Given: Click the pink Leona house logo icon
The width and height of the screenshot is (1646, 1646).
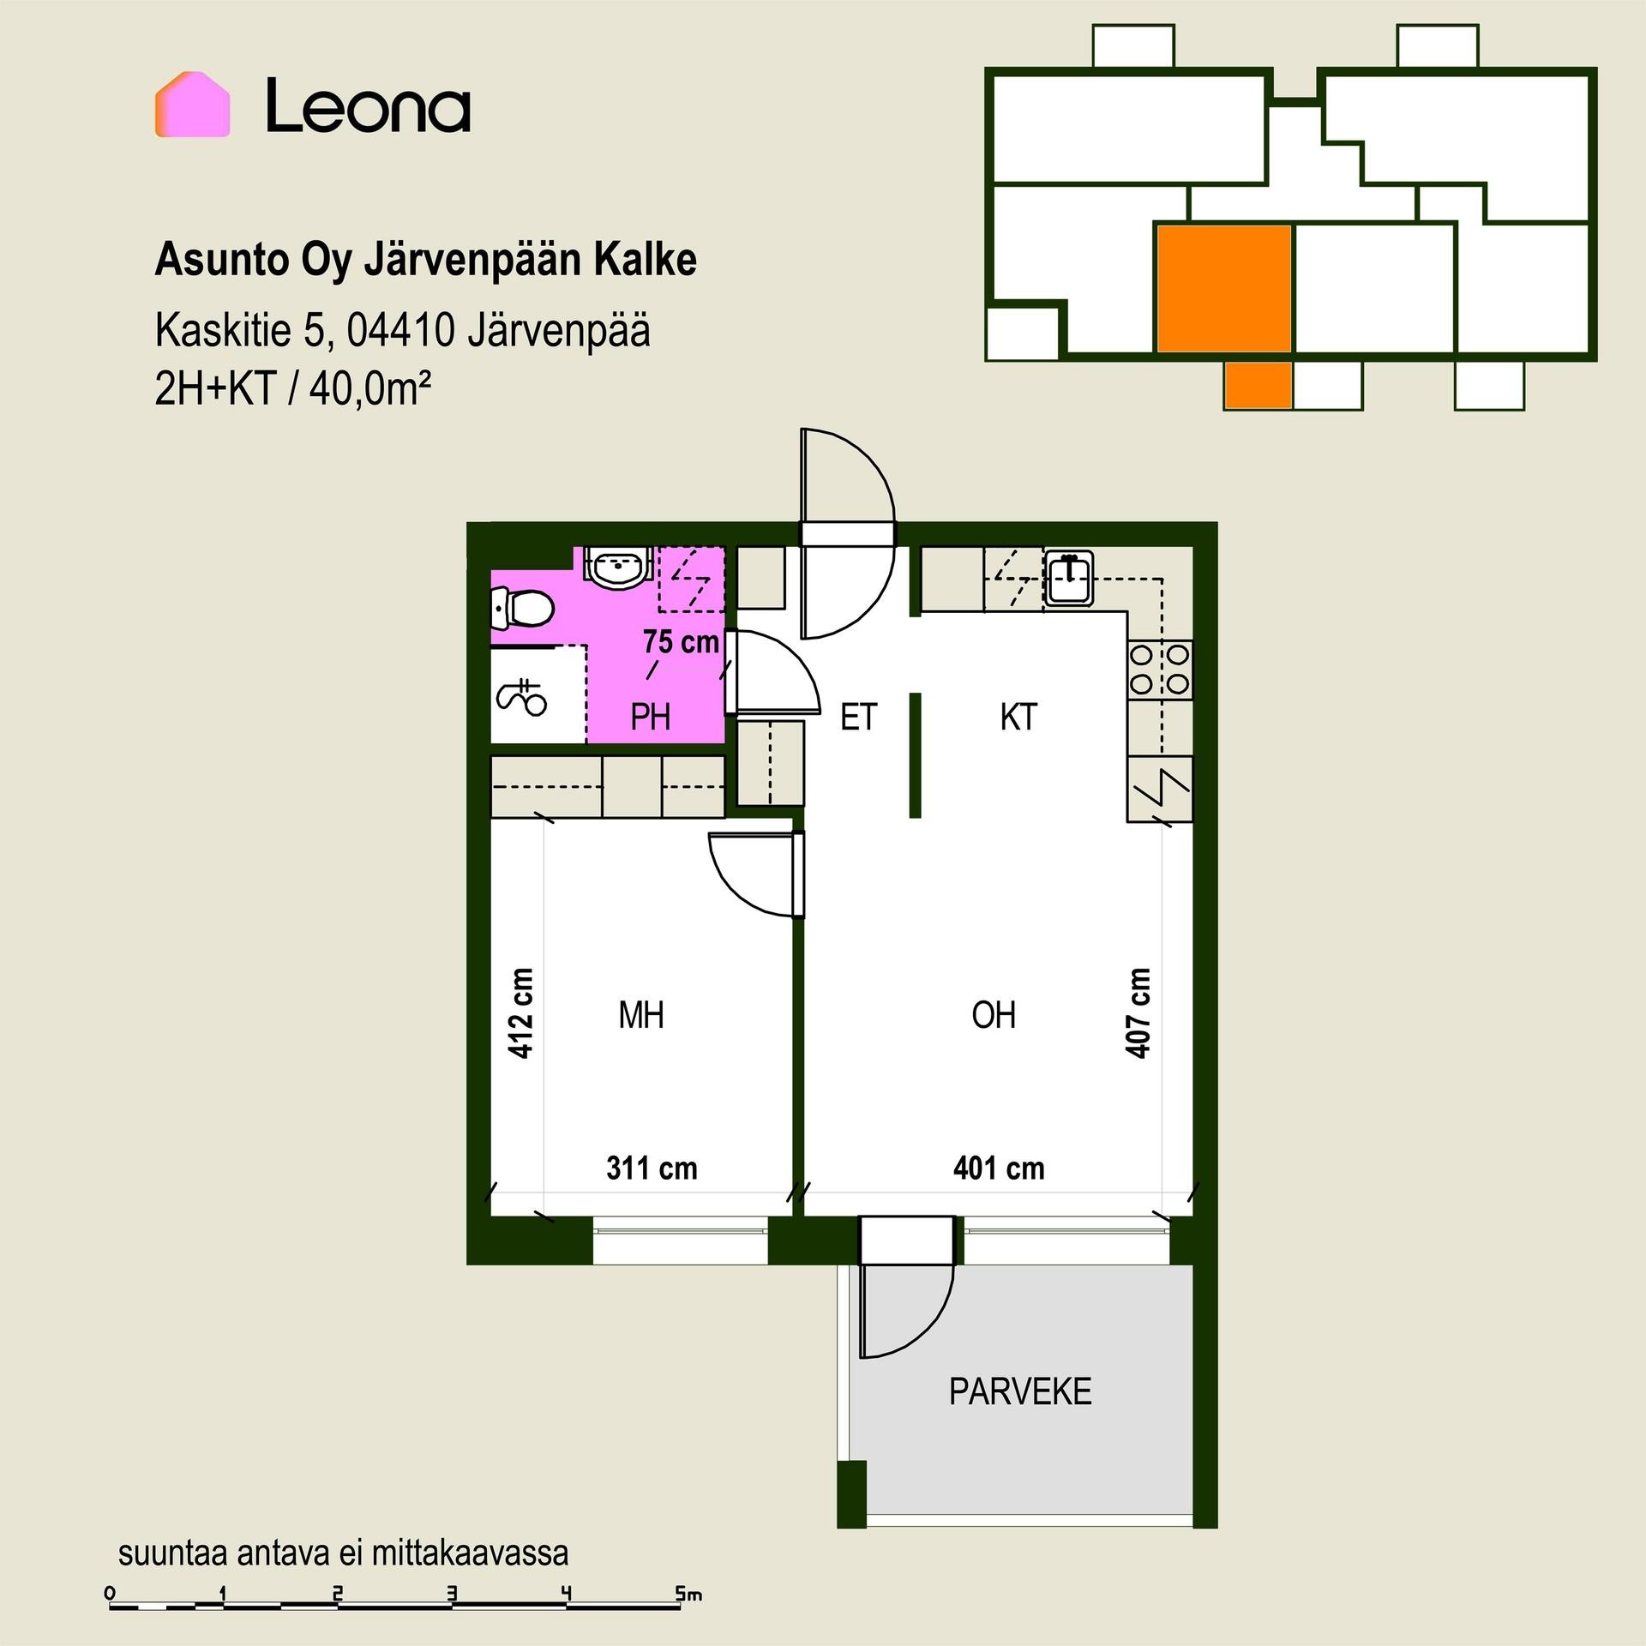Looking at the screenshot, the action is (x=192, y=105).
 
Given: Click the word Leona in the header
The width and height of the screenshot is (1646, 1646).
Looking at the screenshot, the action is (x=368, y=105).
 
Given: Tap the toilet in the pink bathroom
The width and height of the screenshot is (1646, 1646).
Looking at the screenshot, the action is (x=523, y=610).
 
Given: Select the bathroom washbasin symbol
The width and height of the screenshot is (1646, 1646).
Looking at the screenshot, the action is (x=619, y=567).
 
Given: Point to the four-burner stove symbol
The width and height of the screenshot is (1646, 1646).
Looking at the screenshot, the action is (x=1160, y=670).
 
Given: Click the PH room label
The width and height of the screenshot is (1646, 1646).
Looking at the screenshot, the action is (x=650, y=717).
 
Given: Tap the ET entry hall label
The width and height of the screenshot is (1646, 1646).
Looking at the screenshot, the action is (x=858, y=717).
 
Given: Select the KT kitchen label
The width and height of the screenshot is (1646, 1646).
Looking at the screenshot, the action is (x=1018, y=717).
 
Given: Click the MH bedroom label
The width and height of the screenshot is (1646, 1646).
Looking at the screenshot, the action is (x=641, y=1015).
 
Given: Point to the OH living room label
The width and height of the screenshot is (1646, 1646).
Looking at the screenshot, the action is (x=994, y=1015).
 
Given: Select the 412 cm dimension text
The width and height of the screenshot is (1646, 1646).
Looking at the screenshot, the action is (x=521, y=1013).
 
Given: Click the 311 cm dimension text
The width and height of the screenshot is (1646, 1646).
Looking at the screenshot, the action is (x=652, y=1168).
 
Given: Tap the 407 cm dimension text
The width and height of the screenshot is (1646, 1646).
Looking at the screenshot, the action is (x=1138, y=1013).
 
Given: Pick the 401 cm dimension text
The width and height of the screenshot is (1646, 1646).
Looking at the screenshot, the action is (x=999, y=1168).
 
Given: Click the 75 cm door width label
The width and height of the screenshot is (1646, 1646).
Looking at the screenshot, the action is (x=682, y=641).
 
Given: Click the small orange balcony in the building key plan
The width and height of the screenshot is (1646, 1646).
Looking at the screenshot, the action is (x=1258, y=385).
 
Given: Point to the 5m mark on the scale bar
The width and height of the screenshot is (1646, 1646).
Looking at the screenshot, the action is (x=688, y=1595).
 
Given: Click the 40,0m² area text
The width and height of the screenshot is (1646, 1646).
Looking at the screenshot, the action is (x=369, y=390).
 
